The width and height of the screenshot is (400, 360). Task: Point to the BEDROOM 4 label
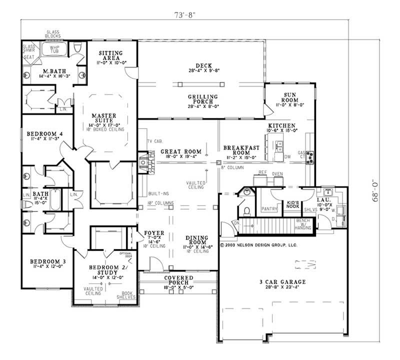pos(42,134)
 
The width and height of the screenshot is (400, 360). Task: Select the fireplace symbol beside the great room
pos(144,163)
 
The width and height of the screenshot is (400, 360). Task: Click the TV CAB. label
pos(153,142)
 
